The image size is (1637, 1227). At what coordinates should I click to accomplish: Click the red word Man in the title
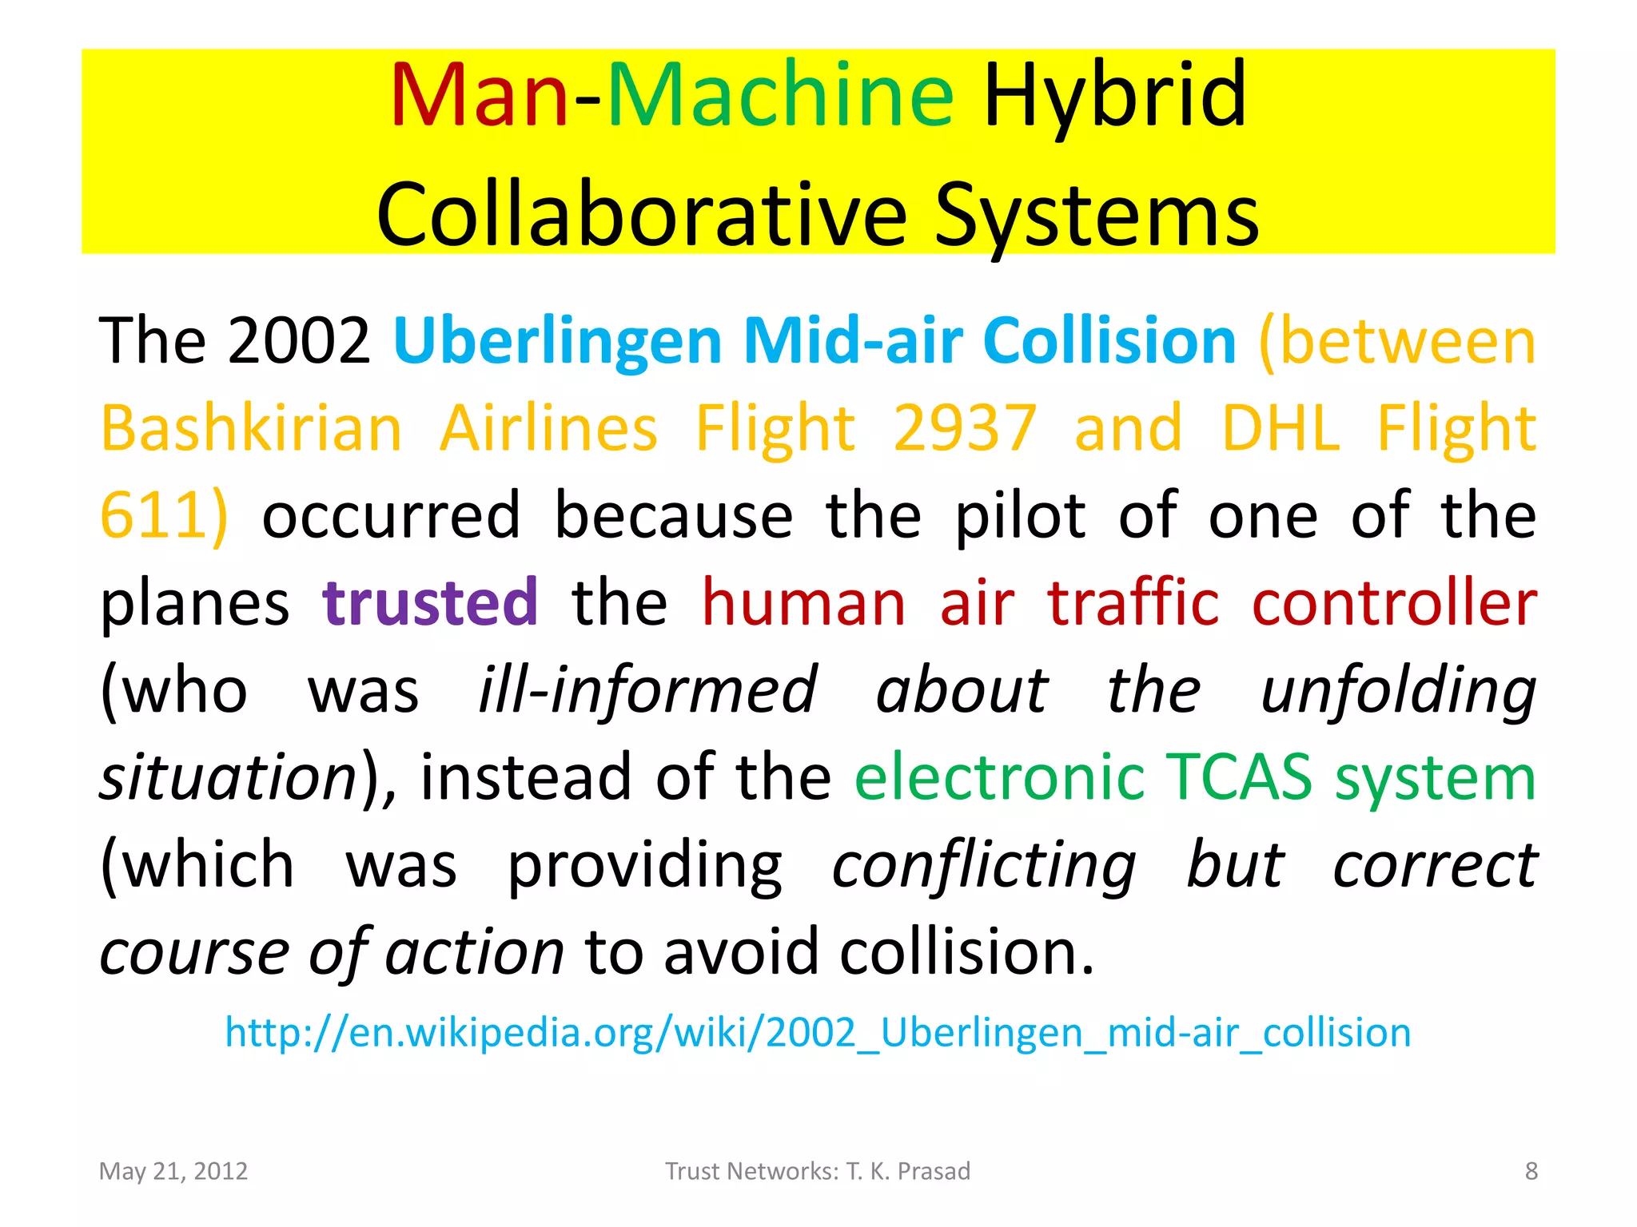coord(479,96)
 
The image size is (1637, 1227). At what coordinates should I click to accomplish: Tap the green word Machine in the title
coord(780,96)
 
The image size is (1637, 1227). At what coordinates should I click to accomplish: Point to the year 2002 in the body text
coord(298,341)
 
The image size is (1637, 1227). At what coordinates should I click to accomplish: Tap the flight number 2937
coord(965,429)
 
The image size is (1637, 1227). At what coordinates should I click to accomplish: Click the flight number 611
coord(154,516)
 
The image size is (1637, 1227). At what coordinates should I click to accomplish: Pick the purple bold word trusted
coord(430,602)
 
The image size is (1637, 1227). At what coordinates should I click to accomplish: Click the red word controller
coord(1394,602)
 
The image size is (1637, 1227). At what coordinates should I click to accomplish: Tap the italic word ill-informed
coord(647,689)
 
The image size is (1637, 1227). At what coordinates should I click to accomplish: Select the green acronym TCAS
coord(1238,776)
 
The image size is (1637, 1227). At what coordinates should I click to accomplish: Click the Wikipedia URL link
coord(818,1032)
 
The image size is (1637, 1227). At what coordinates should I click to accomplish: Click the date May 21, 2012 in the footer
coord(173,1171)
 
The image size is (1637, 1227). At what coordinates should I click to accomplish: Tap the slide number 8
coord(1531,1171)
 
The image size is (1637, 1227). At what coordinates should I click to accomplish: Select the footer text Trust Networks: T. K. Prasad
coord(818,1171)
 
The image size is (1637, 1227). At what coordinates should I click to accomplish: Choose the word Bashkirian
coord(251,429)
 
